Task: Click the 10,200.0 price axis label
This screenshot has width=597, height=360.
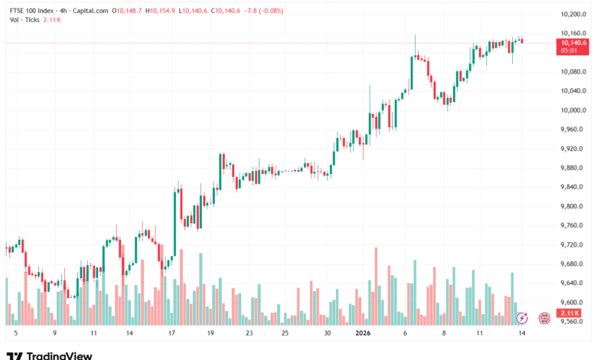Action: point(573,15)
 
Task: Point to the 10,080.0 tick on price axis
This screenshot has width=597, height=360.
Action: point(573,72)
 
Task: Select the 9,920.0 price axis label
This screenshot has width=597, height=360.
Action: point(573,149)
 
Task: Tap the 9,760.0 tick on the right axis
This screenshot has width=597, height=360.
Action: point(573,225)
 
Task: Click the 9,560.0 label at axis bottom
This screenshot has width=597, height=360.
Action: point(573,322)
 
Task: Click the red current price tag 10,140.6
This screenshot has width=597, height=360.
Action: point(573,44)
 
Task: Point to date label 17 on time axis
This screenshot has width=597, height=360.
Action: point(171,334)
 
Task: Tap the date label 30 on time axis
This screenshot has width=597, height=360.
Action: point(327,334)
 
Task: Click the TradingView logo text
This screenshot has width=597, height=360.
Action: point(59,355)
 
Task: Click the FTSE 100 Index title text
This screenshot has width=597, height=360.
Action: point(34,11)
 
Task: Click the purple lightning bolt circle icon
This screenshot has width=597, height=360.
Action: point(522,317)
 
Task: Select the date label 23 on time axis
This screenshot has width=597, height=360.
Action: point(249,334)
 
